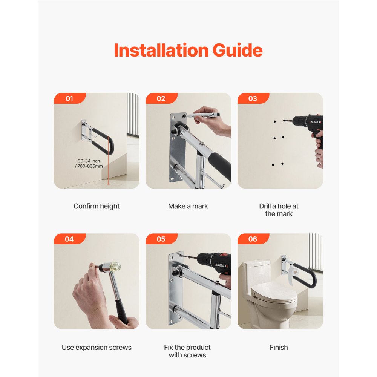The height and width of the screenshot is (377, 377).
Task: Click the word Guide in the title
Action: (x=238, y=51)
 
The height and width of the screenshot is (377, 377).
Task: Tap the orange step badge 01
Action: (x=69, y=98)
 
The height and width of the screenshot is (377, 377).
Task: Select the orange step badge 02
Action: (x=161, y=98)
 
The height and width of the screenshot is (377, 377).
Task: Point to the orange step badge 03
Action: (x=253, y=98)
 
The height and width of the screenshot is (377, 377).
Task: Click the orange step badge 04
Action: (x=69, y=239)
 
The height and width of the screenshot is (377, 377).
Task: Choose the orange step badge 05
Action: (x=161, y=239)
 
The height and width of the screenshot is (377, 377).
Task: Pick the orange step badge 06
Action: (x=253, y=239)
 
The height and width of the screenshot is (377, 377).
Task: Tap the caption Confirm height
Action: (x=97, y=206)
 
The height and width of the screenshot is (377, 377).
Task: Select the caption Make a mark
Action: (x=188, y=206)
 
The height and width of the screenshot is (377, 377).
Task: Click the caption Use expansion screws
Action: (x=97, y=347)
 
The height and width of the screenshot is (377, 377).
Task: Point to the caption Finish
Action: (x=279, y=347)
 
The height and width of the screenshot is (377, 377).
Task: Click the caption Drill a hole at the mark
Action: (x=279, y=210)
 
